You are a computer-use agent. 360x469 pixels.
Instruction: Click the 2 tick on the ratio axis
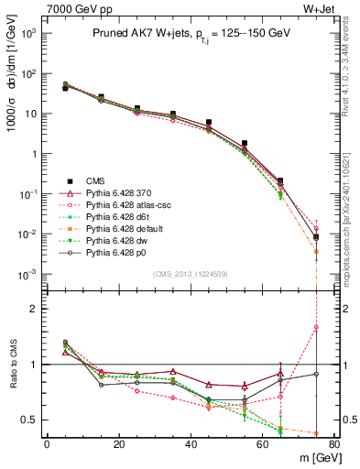point(37,309)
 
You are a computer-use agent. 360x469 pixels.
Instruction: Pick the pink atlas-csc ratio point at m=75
point(316,327)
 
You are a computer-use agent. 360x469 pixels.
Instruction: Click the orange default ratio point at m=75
point(316,433)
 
